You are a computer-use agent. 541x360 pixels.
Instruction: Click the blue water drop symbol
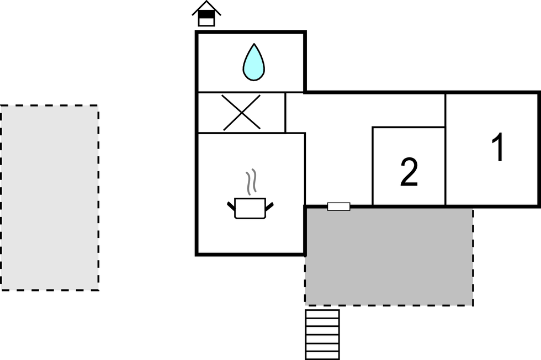point(253,62)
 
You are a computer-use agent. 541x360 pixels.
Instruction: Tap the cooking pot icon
point(250,208)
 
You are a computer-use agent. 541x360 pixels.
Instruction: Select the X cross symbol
point(242,113)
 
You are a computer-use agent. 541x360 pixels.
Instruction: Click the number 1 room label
point(498,149)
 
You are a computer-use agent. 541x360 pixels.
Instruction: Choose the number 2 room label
point(409,172)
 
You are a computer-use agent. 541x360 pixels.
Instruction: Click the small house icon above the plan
point(206,14)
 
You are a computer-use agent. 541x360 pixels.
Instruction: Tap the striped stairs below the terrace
point(322,334)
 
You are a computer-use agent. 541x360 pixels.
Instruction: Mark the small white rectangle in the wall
point(338,207)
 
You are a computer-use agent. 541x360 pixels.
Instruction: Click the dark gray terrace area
point(389,257)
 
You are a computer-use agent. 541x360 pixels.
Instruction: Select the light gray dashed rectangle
point(50,198)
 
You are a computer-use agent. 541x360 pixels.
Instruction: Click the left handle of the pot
point(231,206)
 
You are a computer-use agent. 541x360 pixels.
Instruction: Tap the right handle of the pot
point(270,206)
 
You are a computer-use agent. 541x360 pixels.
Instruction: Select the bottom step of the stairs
point(322,354)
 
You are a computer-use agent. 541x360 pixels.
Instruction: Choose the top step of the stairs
point(322,313)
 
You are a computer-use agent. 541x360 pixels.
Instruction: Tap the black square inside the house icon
point(206,15)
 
